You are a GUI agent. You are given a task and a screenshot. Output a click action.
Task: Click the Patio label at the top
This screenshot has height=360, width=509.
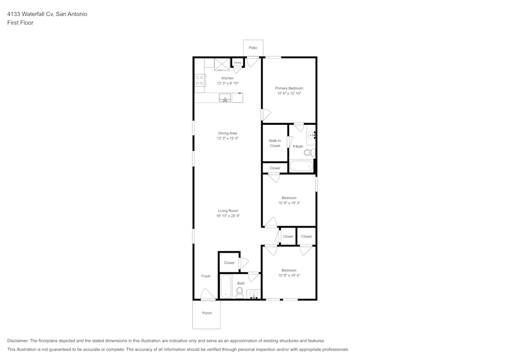click(253, 48)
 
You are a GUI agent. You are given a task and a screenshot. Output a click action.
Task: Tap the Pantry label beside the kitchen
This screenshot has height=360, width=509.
click(237, 63)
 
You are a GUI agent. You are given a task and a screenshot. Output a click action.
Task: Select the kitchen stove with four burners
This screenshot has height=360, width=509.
click(200, 80)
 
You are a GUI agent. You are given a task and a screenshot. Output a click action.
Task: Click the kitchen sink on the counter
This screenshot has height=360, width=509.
click(225, 98)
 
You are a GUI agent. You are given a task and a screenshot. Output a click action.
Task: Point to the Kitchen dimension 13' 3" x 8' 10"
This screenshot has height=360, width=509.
click(228, 83)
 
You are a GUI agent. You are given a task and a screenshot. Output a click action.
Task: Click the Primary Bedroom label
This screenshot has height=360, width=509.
click(289, 88)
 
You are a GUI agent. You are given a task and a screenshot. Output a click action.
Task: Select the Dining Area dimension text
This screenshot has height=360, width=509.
click(228, 139)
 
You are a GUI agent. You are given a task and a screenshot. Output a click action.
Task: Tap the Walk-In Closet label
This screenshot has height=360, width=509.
click(275, 143)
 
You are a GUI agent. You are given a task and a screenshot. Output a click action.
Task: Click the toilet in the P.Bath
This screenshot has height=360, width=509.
click(309, 152)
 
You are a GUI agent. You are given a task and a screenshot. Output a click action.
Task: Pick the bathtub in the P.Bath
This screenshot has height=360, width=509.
click(301, 166)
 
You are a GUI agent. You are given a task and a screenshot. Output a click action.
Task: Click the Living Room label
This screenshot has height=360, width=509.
click(228, 211)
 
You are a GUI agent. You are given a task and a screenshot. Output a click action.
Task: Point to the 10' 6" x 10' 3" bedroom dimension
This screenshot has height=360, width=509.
click(289, 203)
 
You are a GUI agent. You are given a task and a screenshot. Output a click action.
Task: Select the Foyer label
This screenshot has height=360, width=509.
click(206, 276)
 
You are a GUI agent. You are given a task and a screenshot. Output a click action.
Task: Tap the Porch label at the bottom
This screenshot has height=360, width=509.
click(207, 313)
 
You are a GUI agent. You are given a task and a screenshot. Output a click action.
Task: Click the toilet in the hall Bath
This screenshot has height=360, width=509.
click(240, 292)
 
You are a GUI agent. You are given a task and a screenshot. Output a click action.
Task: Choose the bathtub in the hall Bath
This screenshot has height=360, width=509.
click(225, 287)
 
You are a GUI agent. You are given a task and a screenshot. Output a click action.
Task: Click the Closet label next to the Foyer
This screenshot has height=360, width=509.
click(229, 263)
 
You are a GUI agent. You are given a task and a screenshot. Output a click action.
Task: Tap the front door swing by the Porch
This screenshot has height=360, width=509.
click(208, 294)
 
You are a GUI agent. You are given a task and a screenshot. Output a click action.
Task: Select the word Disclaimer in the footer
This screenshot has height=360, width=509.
click(17, 341)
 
